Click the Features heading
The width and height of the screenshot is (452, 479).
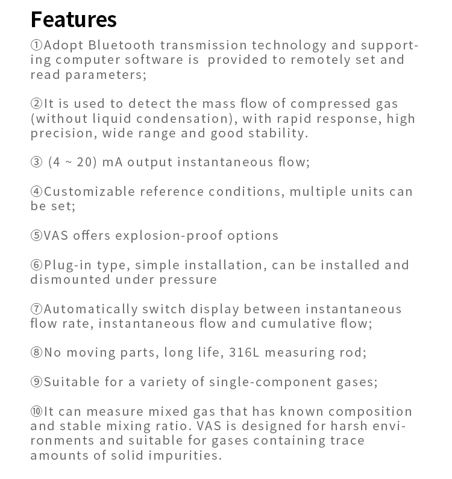click(x=74, y=19)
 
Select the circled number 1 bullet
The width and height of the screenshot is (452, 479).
click(x=37, y=46)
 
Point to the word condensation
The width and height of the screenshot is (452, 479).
click(x=190, y=119)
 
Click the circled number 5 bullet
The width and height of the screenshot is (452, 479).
click(x=37, y=236)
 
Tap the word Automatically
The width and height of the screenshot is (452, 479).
click(x=91, y=309)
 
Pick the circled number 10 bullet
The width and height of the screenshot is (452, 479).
click(x=37, y=412)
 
